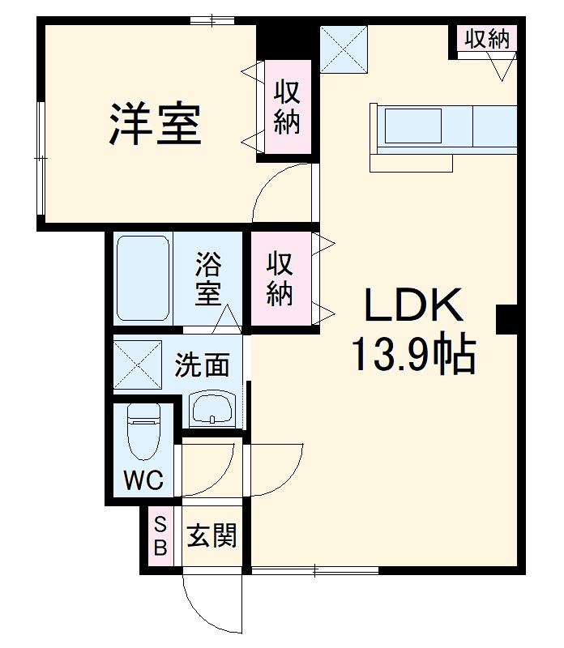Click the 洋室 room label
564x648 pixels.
click(x=155, y=123)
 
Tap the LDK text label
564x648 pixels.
click(x=413, y=306)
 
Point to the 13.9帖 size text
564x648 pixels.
click(x=413, y=354)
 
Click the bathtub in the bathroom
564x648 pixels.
click(x=142, y=278)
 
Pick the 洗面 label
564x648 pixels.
click(x=203, y=365)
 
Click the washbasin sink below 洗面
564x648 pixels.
click(x=212, y=407)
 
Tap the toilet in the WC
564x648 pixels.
click(x=144, y=436)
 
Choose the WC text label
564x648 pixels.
click(x=143, y=480)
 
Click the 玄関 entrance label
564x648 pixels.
click(x=212, y=535)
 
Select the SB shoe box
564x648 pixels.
click(x=160, y=536)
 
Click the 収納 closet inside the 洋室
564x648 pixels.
click(x=286, y=108)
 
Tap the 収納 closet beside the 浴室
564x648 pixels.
click(x=280, y=279)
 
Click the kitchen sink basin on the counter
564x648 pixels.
click(x=412, y=126)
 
